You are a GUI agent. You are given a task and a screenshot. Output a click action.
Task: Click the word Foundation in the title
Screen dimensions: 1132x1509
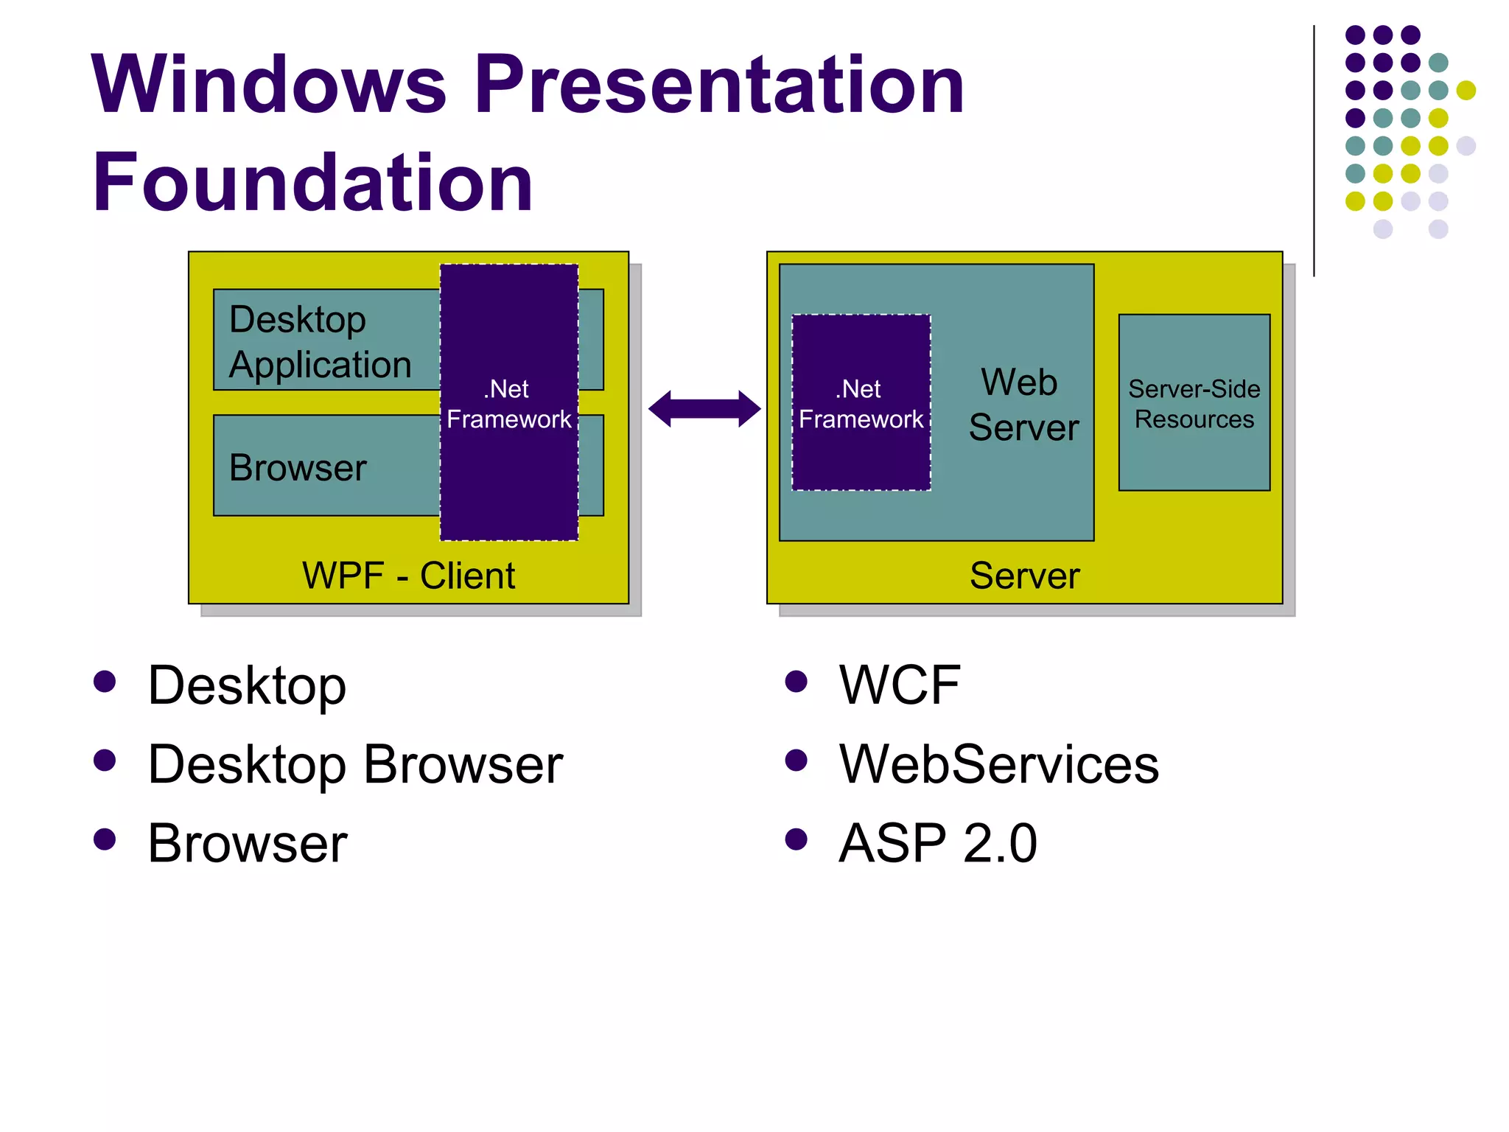(312, 182)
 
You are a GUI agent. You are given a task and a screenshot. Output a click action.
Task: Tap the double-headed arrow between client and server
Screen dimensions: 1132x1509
(704, 409)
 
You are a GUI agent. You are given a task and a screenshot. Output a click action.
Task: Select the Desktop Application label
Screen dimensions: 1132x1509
(320, 342)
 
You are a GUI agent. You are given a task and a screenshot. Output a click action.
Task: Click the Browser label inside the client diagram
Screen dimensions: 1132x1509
(298, 468)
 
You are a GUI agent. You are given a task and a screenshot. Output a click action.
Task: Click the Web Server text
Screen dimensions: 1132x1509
(1023, 405)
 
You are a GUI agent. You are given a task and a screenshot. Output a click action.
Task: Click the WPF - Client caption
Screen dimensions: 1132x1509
(408, 576)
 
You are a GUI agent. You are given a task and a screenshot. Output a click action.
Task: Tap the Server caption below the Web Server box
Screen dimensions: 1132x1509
(1024, 576)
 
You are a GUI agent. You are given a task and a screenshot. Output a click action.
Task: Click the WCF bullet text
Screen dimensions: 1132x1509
(899, 685)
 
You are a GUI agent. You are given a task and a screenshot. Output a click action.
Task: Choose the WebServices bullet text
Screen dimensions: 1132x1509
(998, 764)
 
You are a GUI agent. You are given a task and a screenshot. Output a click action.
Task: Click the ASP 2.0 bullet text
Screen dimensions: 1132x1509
(937, 843)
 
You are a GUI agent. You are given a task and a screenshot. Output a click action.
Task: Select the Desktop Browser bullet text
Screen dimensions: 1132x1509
(355, 764)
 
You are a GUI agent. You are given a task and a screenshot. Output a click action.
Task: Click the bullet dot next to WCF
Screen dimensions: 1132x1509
(796, 681)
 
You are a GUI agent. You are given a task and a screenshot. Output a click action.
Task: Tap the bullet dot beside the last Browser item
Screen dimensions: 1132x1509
(105, 839)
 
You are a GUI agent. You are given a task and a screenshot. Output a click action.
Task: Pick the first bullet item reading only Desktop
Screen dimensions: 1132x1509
(247, 685)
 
